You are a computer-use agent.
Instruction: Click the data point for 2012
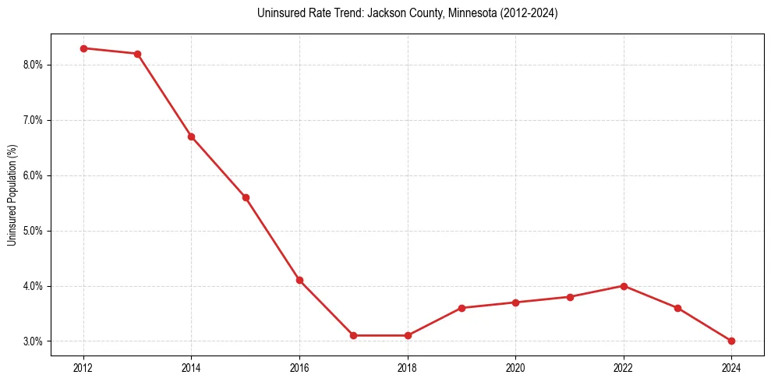[83, 48]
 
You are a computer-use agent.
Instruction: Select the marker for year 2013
[137, 54]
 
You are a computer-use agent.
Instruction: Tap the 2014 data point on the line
[191, 136]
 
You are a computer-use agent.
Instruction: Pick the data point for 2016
[299, 280]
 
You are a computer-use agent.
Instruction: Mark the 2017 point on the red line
[353, 335]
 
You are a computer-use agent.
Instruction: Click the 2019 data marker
[462, 308]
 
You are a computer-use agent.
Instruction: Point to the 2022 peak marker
[624, 286]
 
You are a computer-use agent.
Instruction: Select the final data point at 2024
[731, 341]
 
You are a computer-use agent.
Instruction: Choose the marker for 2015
[246, 197]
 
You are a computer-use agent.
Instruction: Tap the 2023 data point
[677, 308]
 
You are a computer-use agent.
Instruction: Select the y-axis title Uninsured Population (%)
[12, 195]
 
